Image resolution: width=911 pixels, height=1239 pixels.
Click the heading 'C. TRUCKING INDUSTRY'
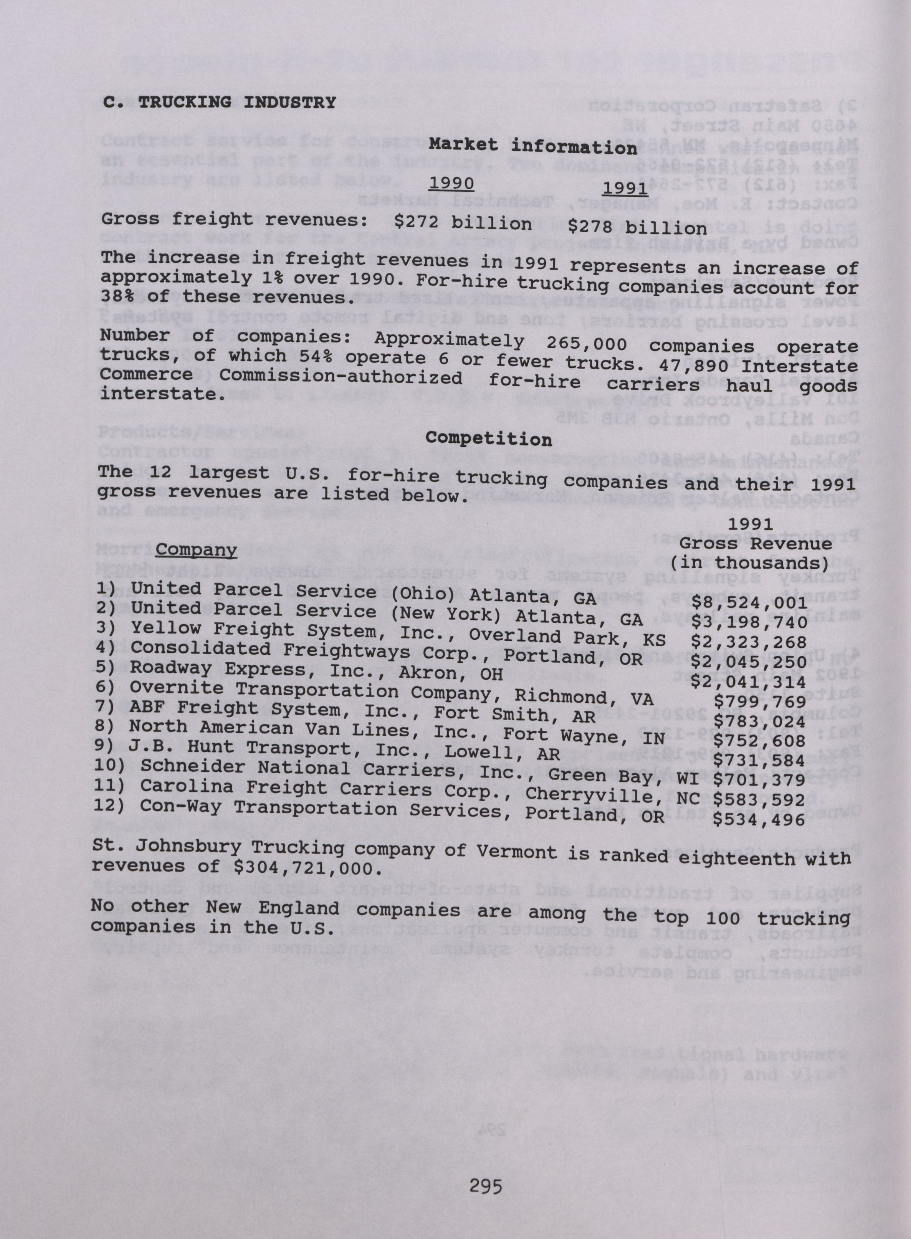click(219, 103)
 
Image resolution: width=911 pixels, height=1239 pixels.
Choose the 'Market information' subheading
click(533, 147)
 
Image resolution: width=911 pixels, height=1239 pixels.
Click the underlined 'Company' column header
click(196, 550)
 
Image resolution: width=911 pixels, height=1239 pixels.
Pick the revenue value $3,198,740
click(749, 622)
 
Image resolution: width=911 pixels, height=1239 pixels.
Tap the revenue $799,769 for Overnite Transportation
click(759, 701)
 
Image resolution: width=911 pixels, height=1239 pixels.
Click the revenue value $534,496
click(759, 819)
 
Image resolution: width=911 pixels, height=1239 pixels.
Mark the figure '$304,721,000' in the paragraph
click(307, 868)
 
